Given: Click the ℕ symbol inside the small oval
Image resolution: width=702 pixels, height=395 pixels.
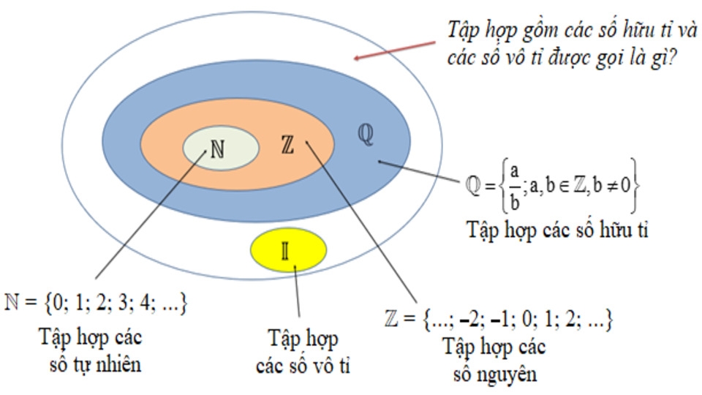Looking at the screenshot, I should click(217, 148).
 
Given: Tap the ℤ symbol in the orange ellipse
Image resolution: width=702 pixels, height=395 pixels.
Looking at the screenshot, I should click(287, 145).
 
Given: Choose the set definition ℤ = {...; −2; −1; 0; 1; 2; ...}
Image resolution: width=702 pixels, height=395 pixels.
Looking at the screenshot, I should click(497, 320).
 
